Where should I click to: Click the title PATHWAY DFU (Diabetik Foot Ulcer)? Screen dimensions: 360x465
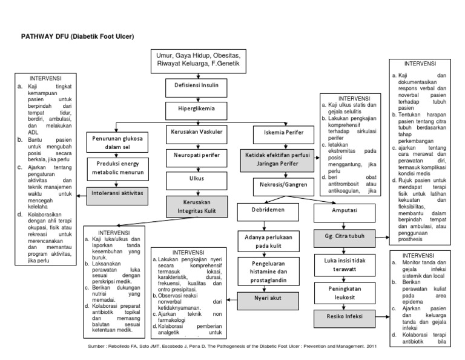click(77, 36)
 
